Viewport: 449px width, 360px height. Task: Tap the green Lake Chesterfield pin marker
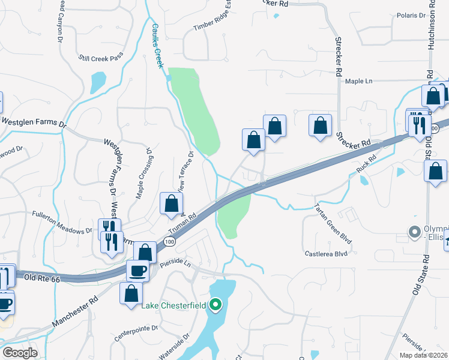click(216, 305)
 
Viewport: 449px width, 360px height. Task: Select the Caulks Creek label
click(157, 46)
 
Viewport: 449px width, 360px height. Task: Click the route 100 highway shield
click(169, 241)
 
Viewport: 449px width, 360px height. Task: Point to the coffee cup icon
click(137, 271)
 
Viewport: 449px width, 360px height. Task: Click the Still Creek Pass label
click(100, 58)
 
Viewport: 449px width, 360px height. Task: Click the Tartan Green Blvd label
click(333, 224)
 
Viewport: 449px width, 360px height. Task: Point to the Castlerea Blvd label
click(326, 254)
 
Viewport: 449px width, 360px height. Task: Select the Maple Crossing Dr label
click(144, 173)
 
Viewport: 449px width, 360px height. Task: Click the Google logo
click(20, 352)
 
